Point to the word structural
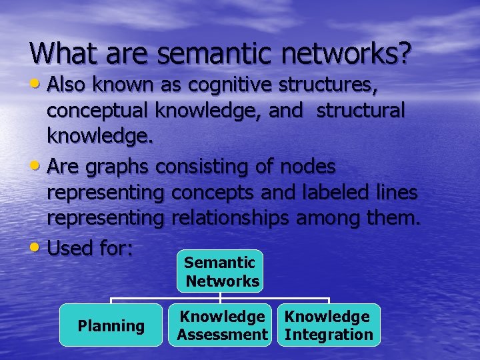pyautogui.click(x=360, y=111)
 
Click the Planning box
pyautogui.click(x=111, y=325)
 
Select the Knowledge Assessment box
pyautogui.click(x=223, y=325)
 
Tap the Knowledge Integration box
pyautogui.click(x=329, y=325)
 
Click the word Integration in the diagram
pyautogui.click(x=329, y=335)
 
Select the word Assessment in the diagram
pyautogui.click(x=223, y=335)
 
